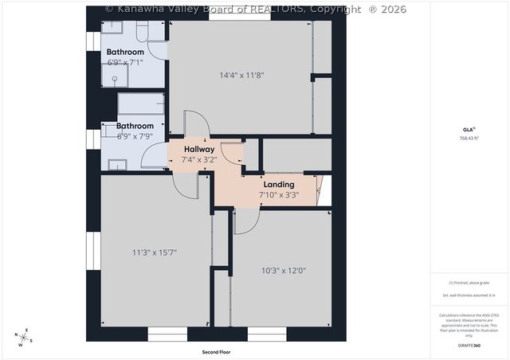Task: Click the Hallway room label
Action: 199,149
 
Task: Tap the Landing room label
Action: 279,184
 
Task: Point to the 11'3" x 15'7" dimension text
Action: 154,252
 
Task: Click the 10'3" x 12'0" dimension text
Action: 284,270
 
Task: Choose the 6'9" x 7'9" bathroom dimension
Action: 135,136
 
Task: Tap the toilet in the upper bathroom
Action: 143,31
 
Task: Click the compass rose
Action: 25,338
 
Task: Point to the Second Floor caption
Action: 216,351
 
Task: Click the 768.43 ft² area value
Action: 469,138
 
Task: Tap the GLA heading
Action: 468,128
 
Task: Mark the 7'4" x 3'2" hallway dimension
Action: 199,159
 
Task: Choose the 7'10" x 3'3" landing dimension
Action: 279,194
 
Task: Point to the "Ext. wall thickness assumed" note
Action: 469,295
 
